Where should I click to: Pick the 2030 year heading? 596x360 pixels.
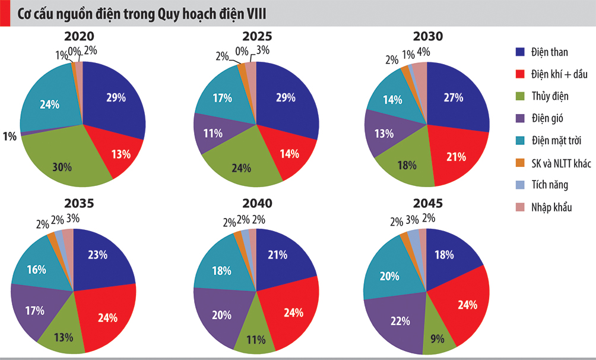(x=427, y=36)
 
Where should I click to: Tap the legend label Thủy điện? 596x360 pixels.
(x=553, y=96)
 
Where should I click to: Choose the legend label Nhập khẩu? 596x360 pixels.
(x=554, y=207)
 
